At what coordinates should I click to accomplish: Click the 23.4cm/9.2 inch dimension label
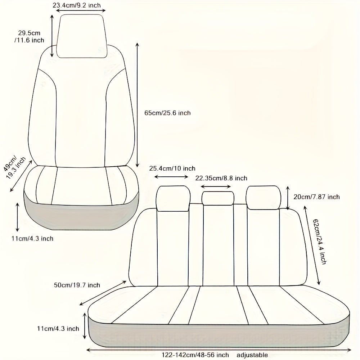coord(77,5)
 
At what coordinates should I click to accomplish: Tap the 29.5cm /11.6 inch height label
coord(29,36)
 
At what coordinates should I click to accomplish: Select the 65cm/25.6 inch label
coord(168,113)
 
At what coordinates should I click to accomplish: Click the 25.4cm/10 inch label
coord(172,168)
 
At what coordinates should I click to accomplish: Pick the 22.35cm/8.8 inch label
coord(221,178)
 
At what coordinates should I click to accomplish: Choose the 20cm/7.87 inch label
coord(316,197)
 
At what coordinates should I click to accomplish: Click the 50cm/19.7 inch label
coord(77,285)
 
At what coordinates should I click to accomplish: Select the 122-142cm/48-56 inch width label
coord(195,355)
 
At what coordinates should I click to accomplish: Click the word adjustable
coord(252,355)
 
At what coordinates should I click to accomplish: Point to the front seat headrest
coord(82,36)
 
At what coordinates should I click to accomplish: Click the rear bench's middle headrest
coord(218,198)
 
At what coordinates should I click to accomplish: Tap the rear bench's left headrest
coord(173,198)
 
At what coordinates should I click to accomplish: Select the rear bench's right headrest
coord(264,198)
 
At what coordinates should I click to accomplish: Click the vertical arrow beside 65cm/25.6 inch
coord(137,105)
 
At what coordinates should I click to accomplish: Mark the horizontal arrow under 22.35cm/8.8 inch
coord(216,186)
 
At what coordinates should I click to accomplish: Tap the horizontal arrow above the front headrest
coord(81,10)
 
